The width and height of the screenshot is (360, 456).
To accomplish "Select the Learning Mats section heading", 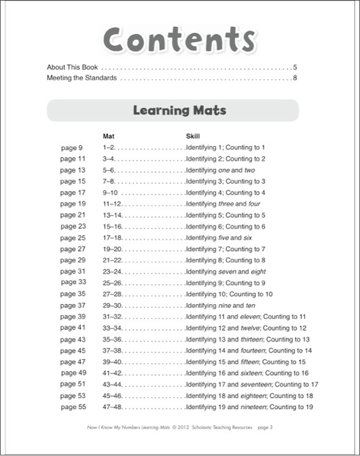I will coord(179,111).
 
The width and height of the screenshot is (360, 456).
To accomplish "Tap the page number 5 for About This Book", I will coord(295,67).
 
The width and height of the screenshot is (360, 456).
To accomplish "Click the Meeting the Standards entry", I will coord(81,78).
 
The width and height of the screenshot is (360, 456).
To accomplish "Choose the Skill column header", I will coord(193,136).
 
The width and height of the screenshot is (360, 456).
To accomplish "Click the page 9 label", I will coord(72,148).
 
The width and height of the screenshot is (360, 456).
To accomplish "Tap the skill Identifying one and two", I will coord(220,170).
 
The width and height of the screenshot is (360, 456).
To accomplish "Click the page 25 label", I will coord(73,237).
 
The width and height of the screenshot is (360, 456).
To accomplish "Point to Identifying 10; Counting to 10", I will coord(230,294).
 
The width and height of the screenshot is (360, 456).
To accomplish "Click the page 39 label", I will coord(73,316).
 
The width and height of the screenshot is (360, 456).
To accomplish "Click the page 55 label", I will coord(73,407).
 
